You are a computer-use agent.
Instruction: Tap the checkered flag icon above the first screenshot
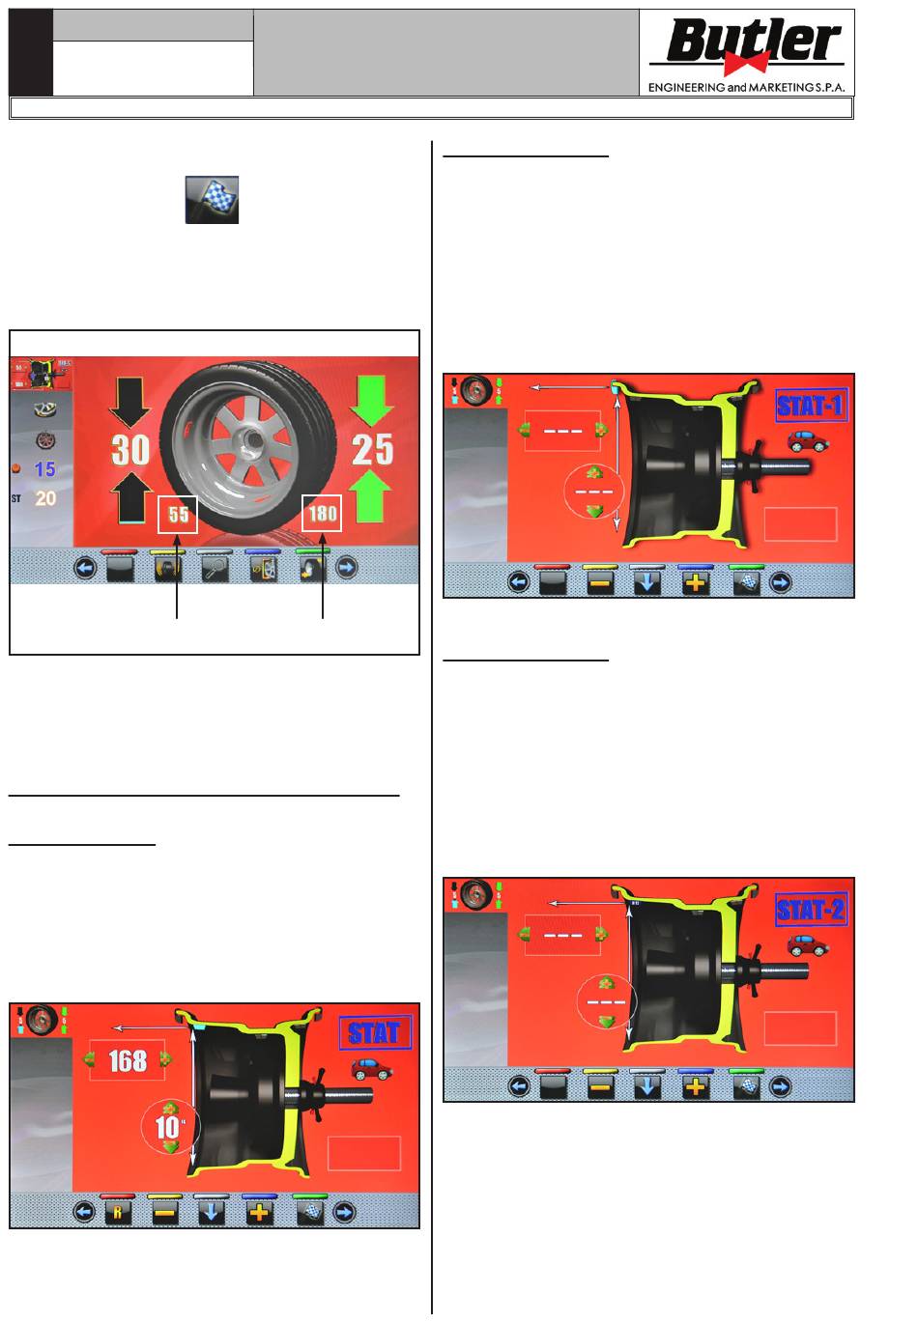point(212,200)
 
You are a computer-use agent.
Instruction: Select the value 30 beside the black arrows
point(130,450)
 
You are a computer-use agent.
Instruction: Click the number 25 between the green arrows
point(372,450)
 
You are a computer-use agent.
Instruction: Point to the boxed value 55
point(178,514)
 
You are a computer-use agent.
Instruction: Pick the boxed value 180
point(322,513)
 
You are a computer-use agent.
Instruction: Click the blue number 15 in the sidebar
point(44,469)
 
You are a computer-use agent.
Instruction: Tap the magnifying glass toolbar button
point(215,569)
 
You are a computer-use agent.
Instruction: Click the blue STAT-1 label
point(811,406)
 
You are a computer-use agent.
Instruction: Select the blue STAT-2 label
point(811,910)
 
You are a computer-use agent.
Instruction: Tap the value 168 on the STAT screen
point(128,1060)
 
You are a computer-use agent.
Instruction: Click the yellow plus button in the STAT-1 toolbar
point(696,583)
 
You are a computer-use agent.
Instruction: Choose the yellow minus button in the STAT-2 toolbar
point(600,1086)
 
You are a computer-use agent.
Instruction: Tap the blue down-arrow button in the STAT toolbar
point(211,1213)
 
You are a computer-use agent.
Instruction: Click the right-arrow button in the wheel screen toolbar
point(346,568)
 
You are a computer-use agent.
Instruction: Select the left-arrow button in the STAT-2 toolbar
point(519,1086)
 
